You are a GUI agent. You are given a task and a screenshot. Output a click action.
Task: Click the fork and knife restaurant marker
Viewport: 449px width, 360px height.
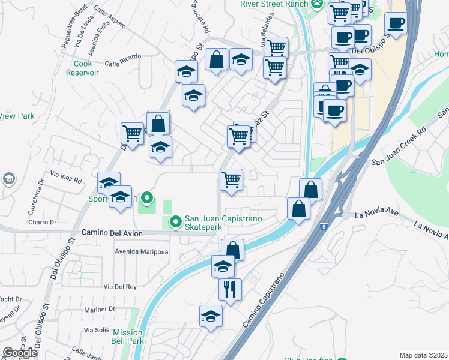tap(230, 290)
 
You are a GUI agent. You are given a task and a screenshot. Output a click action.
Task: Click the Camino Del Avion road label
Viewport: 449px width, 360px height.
tap(112, 233)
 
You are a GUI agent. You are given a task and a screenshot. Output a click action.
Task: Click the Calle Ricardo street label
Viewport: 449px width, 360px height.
tap(122, 57)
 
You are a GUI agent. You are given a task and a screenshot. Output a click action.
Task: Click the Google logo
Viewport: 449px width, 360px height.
tap(20, 353)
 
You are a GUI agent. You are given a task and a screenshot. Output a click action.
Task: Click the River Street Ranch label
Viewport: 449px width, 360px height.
tap(274, 4)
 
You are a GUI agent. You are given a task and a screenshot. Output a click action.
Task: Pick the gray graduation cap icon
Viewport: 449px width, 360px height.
tap(9, 178)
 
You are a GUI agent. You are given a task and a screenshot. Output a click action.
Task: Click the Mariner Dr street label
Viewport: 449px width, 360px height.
tap(99, 309)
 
